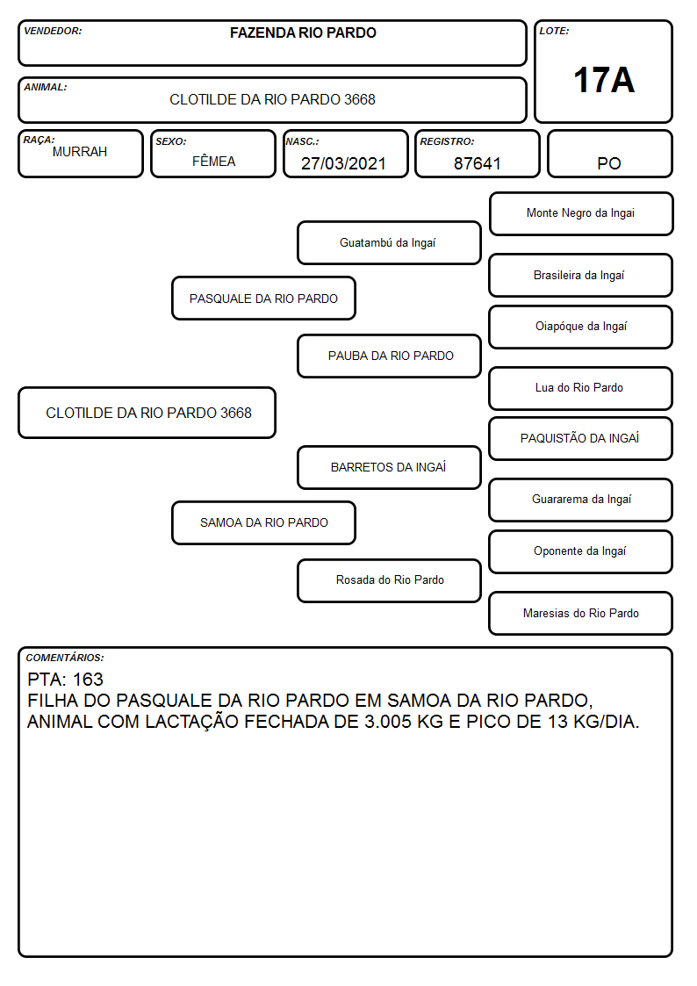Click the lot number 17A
pyautogui.click(x=603, y=80)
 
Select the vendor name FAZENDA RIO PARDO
pyautogui.click(x=303, y=32)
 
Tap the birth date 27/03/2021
pyautogui.click(x=343, y=163)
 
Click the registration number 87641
pyautogui.click(x=477, y=163)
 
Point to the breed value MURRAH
pyautogui.click(x=80, y=152)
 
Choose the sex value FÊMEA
pyautogui.click(x=213, y=162)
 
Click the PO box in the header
pyautogui.click(x=609, y=154)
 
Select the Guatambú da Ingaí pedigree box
pyautogui.click(x=389, y=242)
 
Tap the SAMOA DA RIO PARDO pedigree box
pyautogui.click(x=264, y=522)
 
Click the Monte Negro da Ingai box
pyautogui.click(x=581, y=214)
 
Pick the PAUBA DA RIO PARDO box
pyautogui.click(x=389, y=356)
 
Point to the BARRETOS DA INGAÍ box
pyautogui.click(x=389, y=467)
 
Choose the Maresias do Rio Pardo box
pyautogui.click(x=581, y=613)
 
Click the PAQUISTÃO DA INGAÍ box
pyautogui.click(x=581, y=438)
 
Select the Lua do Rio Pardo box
pyautogui.click(x=581, y=388)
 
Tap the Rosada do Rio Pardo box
pyautogui.click(x=389, y=580)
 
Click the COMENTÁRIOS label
pyautogui.click(x=65, y=658)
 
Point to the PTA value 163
pyautogui.click(x=88, y=679)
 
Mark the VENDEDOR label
pyautogui.click(x=53, y=31)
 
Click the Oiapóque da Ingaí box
pyautogui.click(x=581, y=327)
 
